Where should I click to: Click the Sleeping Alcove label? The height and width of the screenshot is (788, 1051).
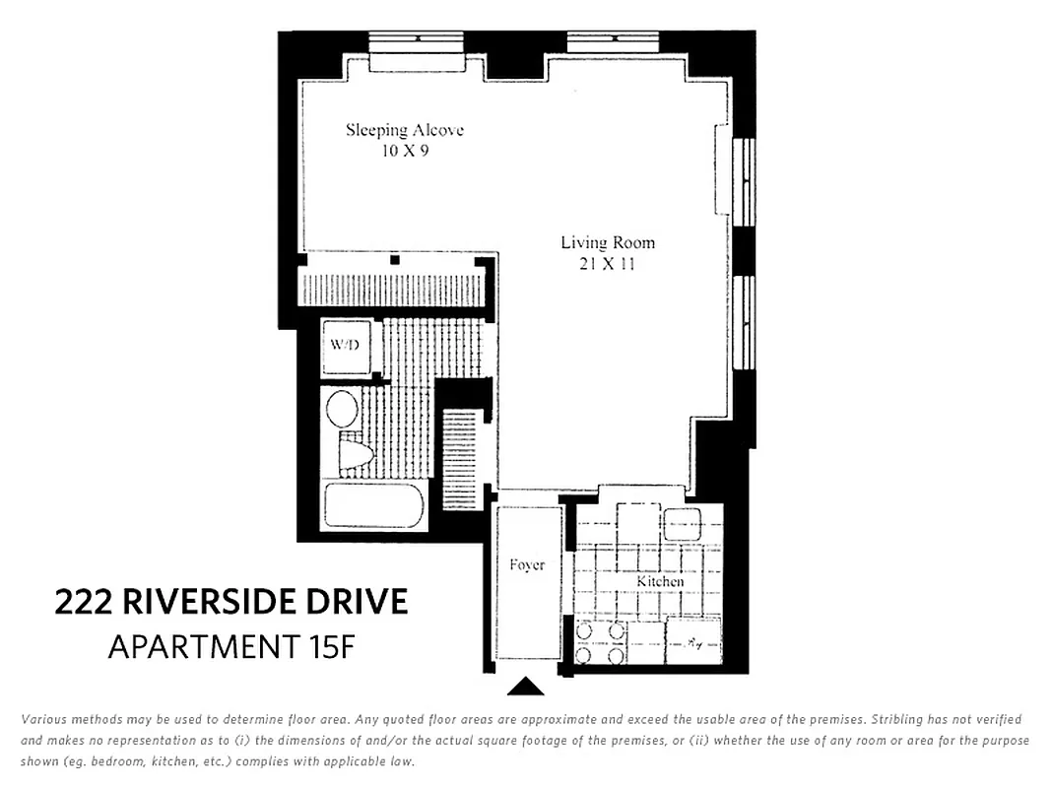tap(404, 130)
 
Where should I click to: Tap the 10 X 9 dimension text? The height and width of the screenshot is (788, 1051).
tap(405, 152)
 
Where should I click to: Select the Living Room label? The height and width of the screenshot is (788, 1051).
tap(608, 242)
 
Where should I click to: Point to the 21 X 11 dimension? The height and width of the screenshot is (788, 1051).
tap(608, 264)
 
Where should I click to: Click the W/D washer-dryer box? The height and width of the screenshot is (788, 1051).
tap(346, 346)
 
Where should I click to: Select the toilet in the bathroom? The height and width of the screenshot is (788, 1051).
tap(355, 453)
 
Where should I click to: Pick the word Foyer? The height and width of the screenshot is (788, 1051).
tap(527, 565)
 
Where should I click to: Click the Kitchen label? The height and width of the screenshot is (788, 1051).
tap(659, 581)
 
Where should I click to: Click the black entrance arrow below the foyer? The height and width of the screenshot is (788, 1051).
tap(526, 686)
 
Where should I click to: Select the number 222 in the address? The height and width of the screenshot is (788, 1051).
tap(85, 601)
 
